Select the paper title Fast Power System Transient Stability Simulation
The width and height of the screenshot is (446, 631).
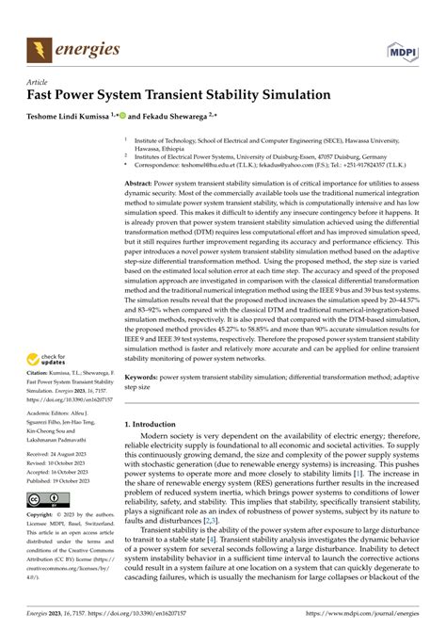tap(178, 97)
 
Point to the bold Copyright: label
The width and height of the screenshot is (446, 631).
tap(43, 516)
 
